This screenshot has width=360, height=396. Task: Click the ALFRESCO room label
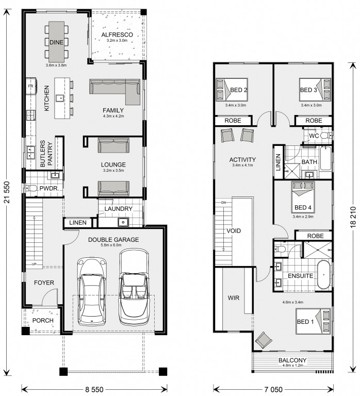(x=117, y=35)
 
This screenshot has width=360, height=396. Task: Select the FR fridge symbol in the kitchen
(x=31, y=87)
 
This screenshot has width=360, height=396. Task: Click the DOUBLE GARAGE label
(x=113, y=239)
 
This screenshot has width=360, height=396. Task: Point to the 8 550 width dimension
(x=94, y=389)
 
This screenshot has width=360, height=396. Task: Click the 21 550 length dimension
(x=7, y=192)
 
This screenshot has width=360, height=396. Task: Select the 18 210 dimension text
(x=353, y=217)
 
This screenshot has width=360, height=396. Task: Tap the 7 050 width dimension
(x=273, y=389)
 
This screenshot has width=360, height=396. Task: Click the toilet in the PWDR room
(x=30, y=188)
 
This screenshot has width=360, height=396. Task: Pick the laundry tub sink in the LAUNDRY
(x=123, y=222)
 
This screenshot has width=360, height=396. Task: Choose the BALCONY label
(x=292, y=360)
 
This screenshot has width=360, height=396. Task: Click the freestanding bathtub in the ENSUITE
(x=323, y=275)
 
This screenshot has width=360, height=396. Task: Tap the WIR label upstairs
(x=234, y=298)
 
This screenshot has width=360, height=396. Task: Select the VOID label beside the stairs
(x=234, y=230)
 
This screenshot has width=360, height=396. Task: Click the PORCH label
(x=43, y=320)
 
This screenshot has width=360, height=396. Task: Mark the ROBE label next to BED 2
(x=233, y=121)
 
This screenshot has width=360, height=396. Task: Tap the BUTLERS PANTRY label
(x=46, y=154)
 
